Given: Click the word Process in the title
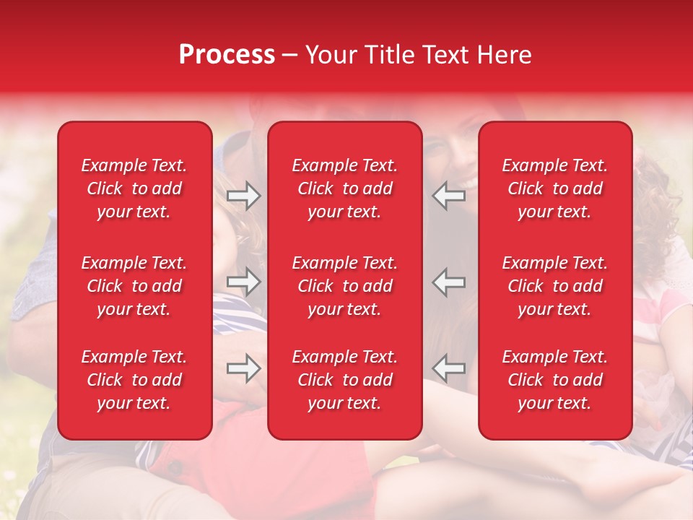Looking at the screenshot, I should (x=227, y=55).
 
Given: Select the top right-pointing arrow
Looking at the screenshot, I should (x=244, y=196).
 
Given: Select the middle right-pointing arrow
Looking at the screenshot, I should (x=244, y=282).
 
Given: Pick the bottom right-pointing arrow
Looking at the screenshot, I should (x=244, y=368).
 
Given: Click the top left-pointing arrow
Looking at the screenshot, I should (x=449, y=196).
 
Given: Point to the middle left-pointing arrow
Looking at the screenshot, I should (x=449, y=282).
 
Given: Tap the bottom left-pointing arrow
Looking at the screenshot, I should (x=449, y=368).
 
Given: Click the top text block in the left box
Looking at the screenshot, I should (x=134, y=188).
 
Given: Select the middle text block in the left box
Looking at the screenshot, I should (x=134, y=286).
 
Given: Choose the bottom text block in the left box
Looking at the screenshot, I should (x=134, y=380).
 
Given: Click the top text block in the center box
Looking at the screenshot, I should (x=344, y=188).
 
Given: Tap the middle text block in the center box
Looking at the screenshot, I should (x=344, y=286).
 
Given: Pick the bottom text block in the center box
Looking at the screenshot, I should (x=344, y=380).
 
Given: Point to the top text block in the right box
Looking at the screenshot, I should (x=554, y=188).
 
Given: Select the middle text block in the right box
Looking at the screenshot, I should (x=554, y=286).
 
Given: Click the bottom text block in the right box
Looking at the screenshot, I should (x=554, y=380).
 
